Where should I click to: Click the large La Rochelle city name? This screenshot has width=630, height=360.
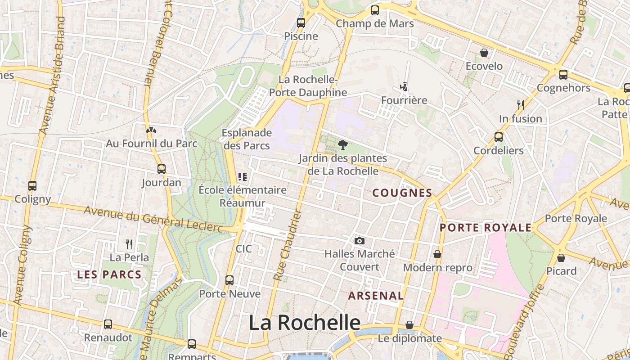coord(305,323)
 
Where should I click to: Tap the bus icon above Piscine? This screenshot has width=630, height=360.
coord(301,22)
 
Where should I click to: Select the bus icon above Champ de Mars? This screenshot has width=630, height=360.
coord(374,10)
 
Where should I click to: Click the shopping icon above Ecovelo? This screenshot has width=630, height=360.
coord(484,53)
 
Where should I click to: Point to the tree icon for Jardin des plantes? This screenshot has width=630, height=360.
coord(342,144)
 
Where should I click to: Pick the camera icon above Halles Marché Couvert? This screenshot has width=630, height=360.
coord(359,241)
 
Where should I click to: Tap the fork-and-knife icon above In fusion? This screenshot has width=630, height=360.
coord(521,105)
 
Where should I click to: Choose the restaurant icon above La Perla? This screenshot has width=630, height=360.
coord(129,244)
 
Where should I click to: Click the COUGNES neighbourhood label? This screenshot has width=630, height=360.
coord(402,193)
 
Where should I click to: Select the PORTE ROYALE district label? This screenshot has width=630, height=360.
coord(486,228)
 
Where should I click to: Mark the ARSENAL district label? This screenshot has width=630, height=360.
coord(376,296)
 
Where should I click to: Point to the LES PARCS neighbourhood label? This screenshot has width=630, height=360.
coord(109,274)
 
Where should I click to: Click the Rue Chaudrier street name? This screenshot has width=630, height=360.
coord(287,246)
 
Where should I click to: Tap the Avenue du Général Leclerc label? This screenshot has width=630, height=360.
coord(153,219)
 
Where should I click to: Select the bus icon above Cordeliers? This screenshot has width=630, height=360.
coord(499,137)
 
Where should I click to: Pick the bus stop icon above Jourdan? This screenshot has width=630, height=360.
coord(162,169)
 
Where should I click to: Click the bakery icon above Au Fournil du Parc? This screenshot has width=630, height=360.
coord(151,130)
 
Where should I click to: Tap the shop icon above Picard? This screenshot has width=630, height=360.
coord(561,258)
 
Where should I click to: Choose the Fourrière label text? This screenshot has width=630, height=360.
coord(404,100)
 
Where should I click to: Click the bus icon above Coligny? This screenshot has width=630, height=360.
coord(32,185)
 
